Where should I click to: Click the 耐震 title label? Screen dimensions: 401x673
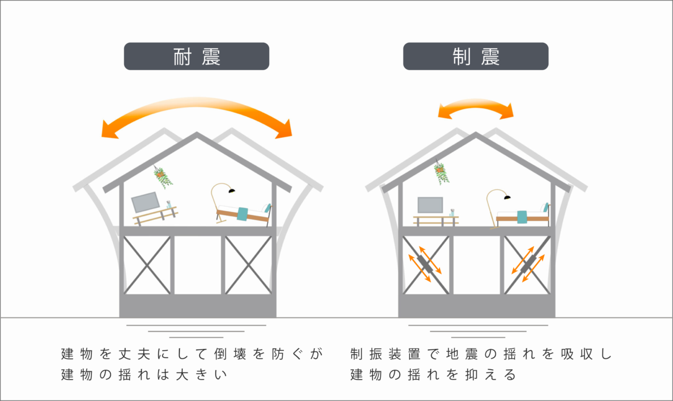point(196,56)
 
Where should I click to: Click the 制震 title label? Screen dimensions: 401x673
point(476,56)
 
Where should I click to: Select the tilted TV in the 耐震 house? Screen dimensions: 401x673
point(146,202)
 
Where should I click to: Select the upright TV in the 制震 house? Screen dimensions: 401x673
point(430,205)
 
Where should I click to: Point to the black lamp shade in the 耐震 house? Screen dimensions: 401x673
point(231,190)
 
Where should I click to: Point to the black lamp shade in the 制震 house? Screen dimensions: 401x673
point(507,197)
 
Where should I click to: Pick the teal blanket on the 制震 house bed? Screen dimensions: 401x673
point(522,217)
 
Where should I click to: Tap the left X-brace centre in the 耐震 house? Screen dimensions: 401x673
point(147,265)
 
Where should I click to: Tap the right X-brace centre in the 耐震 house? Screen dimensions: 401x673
point(248,265)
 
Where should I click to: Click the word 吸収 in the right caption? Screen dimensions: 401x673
point(577,354)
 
